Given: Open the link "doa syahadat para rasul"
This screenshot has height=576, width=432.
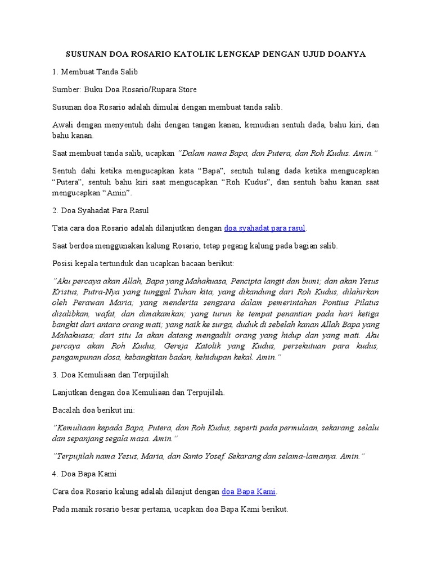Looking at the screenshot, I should (x=264, y=228).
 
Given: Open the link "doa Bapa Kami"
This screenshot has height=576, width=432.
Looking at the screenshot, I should (x=249, y=491).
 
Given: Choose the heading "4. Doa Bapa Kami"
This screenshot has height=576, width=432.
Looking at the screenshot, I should (x=84, y=474).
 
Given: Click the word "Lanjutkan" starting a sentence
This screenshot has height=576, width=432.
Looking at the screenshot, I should (x=70, y=393).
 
